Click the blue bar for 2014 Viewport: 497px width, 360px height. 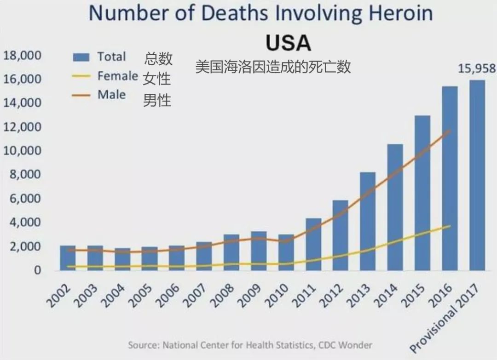395,207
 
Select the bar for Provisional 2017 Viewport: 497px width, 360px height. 477,175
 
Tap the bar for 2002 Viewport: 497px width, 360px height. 68,258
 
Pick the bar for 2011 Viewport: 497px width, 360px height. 313,244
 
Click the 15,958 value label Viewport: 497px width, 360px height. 477,69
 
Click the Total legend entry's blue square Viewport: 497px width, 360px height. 81,57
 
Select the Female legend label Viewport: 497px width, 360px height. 117,76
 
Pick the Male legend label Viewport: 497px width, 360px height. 111,95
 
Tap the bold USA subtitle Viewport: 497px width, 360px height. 289,43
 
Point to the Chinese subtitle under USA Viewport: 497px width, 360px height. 273,67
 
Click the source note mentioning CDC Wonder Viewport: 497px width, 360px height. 250,345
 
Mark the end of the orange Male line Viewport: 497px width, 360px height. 450,131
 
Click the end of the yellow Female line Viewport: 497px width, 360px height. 450,226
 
